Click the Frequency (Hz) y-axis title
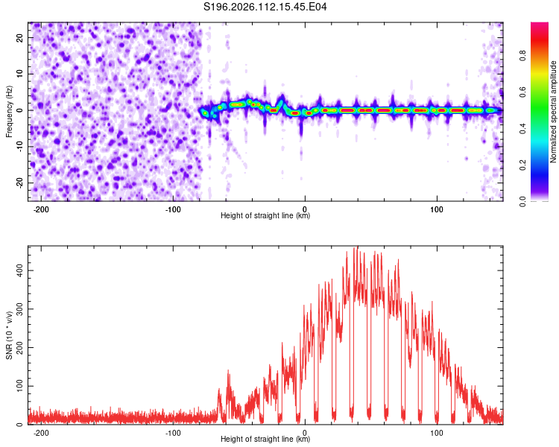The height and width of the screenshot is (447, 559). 9,112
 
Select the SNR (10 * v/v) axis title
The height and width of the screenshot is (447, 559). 9,335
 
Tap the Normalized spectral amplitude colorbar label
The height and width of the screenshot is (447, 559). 554,112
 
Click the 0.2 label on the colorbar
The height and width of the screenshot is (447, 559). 543,165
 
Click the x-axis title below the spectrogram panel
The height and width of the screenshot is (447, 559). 265,216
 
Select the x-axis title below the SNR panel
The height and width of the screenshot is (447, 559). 265,440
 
